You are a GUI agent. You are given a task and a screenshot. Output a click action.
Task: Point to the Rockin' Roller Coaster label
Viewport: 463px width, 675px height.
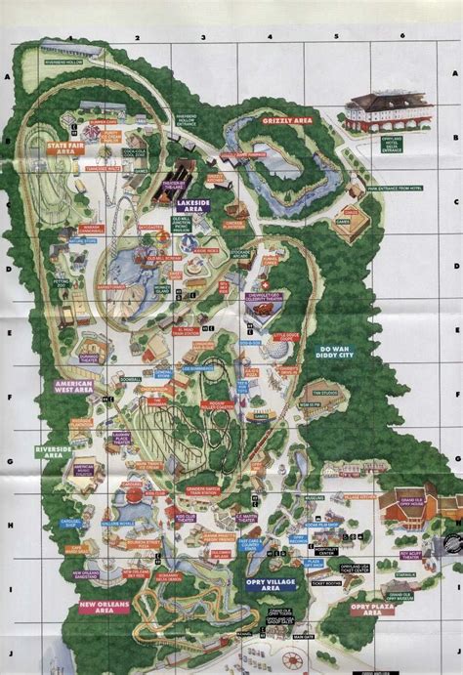coord(224,403)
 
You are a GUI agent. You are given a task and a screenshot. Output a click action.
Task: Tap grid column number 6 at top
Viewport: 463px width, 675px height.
coord(401,35)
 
